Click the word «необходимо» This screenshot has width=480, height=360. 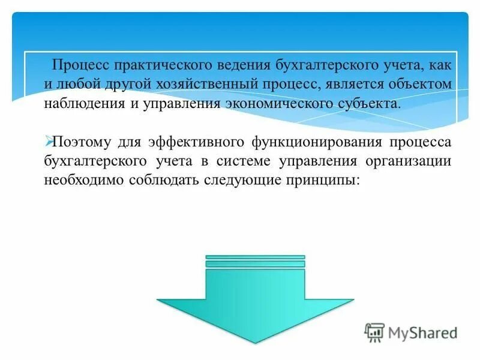click(x=83, y=179)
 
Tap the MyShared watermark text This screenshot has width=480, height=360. click(x=423, y=332)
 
